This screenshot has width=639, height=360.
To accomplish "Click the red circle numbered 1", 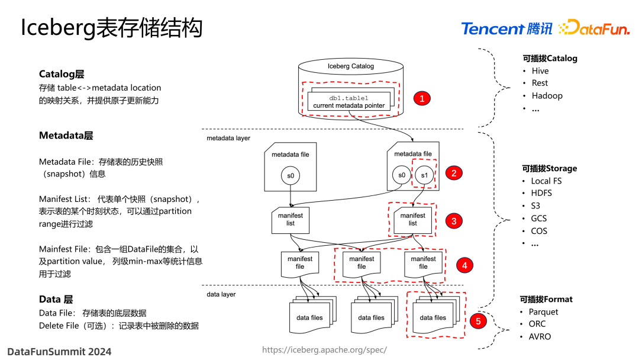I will (422, 99).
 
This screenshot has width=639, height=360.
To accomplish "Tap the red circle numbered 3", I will (454, 221).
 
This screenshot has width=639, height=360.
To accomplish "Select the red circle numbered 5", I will (478, 321).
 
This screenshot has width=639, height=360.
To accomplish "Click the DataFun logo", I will (594, 28).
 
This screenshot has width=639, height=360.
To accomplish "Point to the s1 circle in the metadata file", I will (424, 175).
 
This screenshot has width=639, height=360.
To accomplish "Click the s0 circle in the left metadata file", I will (290, 175).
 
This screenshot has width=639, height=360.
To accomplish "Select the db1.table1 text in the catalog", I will (348, 98).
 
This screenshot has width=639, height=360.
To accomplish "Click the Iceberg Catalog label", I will (350, 66).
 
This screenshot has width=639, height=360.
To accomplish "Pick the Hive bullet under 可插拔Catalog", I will (540, 71).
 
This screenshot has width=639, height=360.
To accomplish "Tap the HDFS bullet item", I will (541, 193).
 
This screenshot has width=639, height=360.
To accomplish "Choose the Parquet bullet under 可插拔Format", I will (543, 311).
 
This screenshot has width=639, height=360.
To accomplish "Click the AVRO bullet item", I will (540, 336).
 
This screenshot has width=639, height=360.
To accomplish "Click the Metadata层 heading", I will (66, 136).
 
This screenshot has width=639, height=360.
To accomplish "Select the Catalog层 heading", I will (62, 74).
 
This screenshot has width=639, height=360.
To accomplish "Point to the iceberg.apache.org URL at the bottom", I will (324, 350).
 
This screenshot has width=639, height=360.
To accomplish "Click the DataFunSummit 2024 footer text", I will (59, 351).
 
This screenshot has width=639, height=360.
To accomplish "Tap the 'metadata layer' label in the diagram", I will (228, 138).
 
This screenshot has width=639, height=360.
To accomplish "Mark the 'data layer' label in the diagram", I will (221, 294).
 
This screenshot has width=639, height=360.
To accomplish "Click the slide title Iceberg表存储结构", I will (112, 28).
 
